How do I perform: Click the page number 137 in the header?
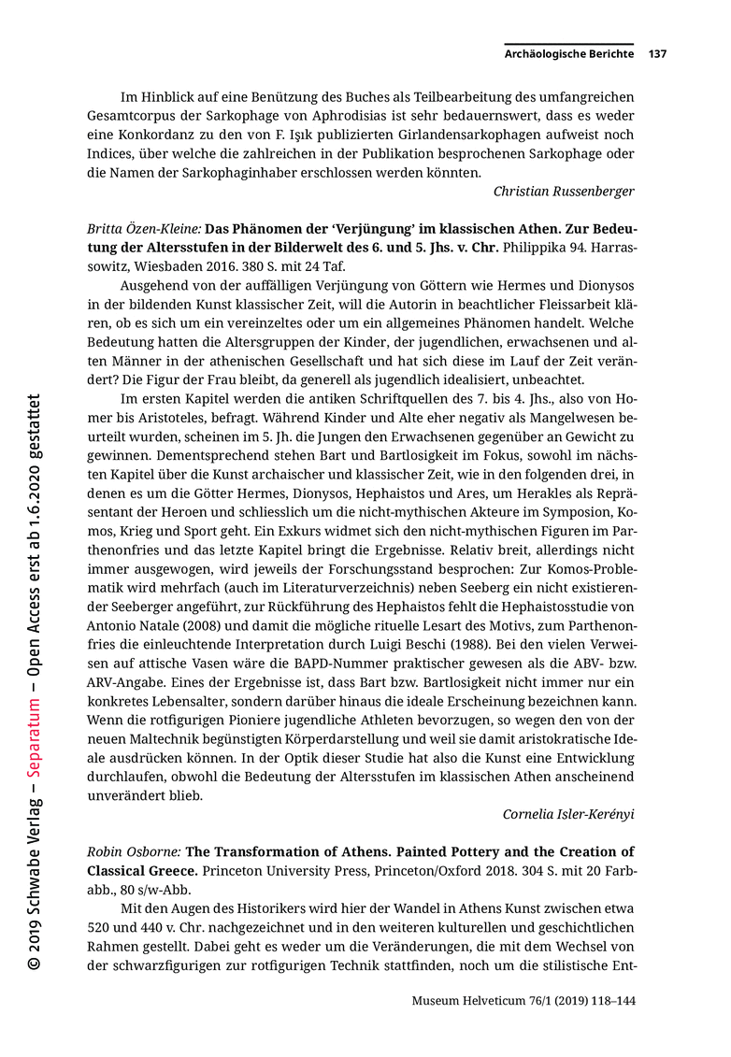click(657, 54)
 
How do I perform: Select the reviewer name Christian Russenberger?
click(564, 192)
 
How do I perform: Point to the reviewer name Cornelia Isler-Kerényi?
click(568, 814)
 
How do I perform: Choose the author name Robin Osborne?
click(133, 852)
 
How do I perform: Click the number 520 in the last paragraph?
click(101, 927)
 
